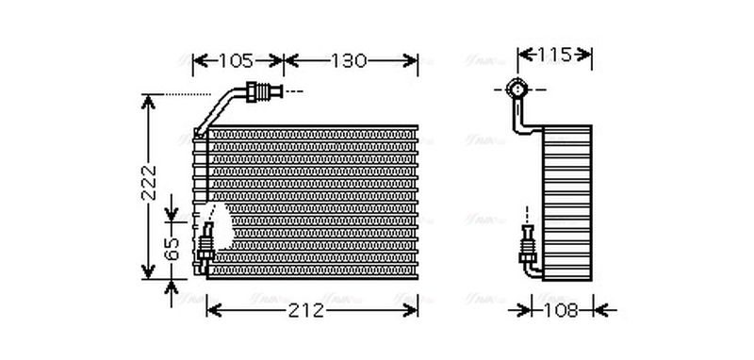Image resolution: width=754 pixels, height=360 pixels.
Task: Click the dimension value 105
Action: (x=236, y=61)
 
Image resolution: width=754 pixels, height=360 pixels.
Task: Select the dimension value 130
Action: (x=348, y=61)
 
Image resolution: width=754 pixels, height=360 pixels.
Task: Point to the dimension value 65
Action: (x=170, y=250)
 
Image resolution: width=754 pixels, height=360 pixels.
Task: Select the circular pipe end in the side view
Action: (x=516, y=90)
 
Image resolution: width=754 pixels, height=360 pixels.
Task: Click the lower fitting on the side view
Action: (x=527, y=248)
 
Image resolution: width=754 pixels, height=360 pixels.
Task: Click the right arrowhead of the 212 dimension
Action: (x=412, y=309)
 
